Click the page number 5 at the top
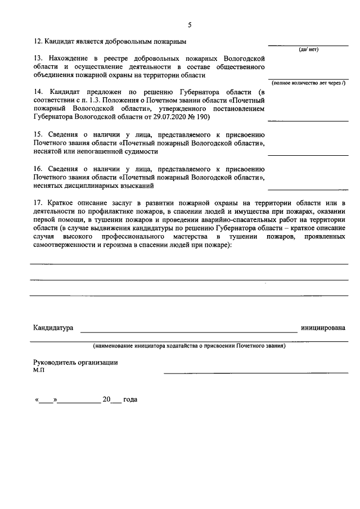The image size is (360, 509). coord(190,25)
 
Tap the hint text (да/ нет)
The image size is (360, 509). coord(308,49)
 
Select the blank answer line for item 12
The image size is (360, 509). coord(308,44)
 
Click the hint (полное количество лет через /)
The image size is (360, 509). coord(308,83)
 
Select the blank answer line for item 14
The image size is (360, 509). coord(308,120)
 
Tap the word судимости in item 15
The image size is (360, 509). coord(139,151)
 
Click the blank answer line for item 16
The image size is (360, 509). coord(308,189)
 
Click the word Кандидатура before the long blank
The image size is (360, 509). coord(53,327)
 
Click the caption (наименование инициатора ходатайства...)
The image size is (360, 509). coord(190,346)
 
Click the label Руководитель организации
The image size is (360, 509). coord(75,363)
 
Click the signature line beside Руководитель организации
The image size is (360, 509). coord(256,372)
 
